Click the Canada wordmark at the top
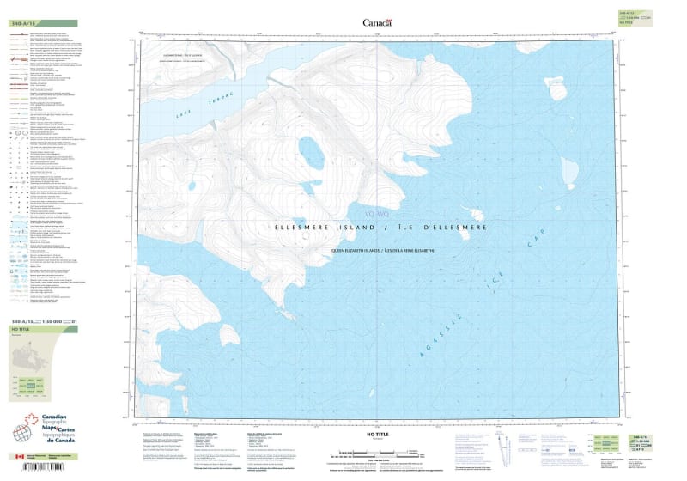377,23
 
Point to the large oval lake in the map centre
311,153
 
